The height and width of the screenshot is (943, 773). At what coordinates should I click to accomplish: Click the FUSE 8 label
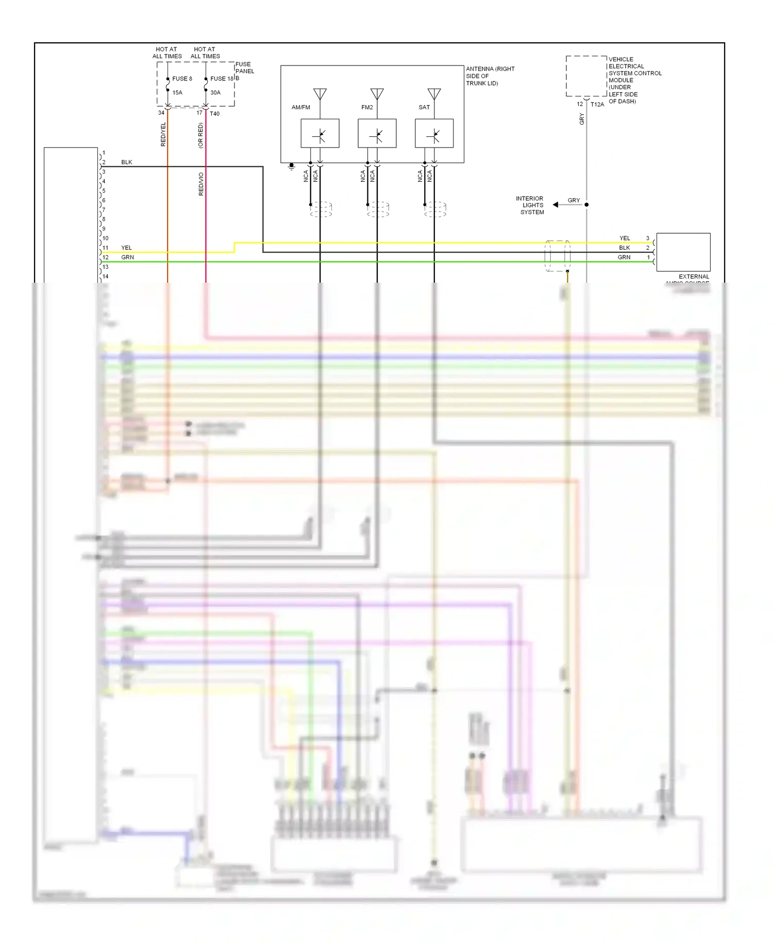click(x=182, y=79)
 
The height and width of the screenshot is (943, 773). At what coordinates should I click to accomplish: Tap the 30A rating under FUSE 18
click(x=215, y=93)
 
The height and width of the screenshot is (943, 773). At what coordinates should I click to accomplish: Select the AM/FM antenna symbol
click(x=320, y=94)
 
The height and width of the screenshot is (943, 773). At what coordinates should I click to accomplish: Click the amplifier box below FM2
click(x=377, y=134)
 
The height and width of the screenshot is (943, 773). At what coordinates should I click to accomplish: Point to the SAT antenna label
click(x=424, y=107)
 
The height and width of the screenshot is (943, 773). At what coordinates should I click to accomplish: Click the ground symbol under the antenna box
click(x=291, y=167)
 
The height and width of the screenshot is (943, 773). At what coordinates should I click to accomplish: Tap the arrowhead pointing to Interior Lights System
click(x=556, y=205)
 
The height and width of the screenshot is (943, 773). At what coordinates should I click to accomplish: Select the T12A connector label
click(x=597, y=105)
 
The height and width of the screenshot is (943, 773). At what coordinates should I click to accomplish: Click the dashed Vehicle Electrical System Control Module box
click(x=586, y=76)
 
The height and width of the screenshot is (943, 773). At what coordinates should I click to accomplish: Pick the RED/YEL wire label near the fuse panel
click(x=163, y=134)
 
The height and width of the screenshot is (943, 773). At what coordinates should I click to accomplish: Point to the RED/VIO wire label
click(x=201, y=184)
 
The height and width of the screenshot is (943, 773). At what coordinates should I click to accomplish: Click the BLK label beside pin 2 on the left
click(x=127, y=162)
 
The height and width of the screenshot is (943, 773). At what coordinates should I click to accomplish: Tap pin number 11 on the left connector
click(x=106, y=248)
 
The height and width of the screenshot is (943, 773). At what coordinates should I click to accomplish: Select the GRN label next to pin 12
click(x=127, y=257)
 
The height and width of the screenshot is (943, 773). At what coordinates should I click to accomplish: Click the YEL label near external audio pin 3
click(x=625, y=238)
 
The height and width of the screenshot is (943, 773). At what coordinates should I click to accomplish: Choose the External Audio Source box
click(x=683, y=252)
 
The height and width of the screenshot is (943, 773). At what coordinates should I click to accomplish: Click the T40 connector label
click(x=214, y=114)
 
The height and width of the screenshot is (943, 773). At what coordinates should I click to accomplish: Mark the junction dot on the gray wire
click(x=586, y=205)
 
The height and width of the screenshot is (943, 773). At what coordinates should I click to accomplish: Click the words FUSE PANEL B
click(x=244, y=71)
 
